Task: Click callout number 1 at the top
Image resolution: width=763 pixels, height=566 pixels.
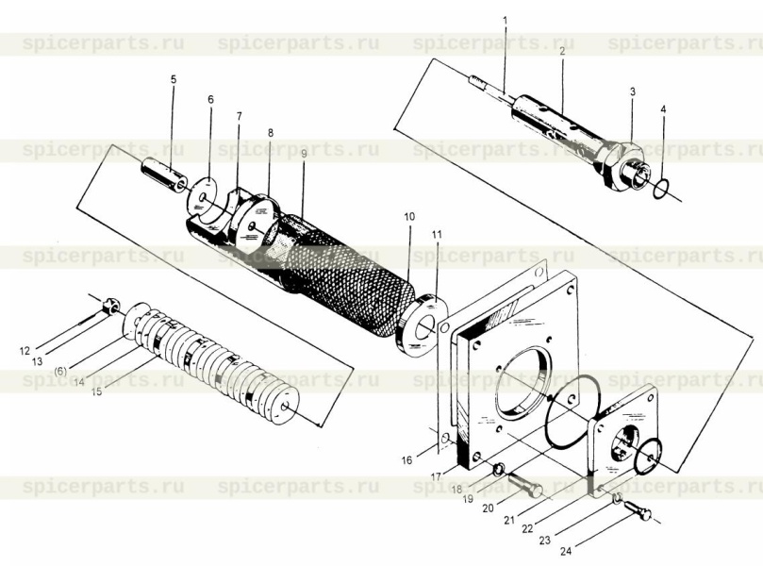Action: (x=506, y=21)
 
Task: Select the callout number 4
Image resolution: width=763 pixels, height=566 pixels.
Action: (x=663, y=110)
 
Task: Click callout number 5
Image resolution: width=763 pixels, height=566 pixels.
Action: (x=174, y=79)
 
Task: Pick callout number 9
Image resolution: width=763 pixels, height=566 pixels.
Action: (x=304, y=153)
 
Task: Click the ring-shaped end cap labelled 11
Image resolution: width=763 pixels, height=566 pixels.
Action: (x=422, y=325)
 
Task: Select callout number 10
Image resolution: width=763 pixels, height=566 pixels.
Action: (x=409, y=216)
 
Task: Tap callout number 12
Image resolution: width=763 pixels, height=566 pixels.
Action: (x=25, y=350)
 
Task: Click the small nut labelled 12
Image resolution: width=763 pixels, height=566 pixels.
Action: (x=112, y=308)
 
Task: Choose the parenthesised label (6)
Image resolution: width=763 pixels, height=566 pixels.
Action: (x=60, y=372)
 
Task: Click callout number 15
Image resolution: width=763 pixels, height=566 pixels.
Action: (x=97, y=391)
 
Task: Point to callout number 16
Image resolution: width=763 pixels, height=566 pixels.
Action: (x=406, y=460)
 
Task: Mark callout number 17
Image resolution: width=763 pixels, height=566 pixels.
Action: (x=436, y=477)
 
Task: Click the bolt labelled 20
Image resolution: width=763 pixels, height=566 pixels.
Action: (x=525, y=484)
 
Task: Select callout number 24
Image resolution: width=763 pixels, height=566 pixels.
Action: (x=566, y=551)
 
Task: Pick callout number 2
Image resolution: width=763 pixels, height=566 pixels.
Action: (x=562, y=51)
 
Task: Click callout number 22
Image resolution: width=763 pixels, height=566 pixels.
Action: (x=527, y=529)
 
